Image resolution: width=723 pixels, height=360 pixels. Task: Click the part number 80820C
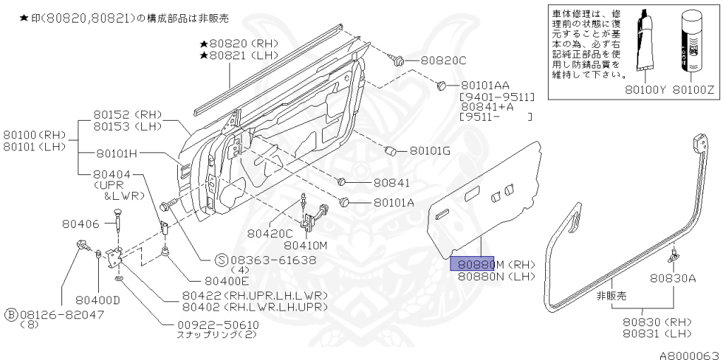(x=443, y=61)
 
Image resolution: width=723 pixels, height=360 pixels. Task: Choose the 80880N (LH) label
(x=496, y=276)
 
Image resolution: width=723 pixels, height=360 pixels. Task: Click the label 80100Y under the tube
(x=645, y=90)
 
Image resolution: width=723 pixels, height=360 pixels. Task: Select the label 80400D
(x=97, y=299)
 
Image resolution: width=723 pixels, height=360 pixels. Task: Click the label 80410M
(x=306, y=246)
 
